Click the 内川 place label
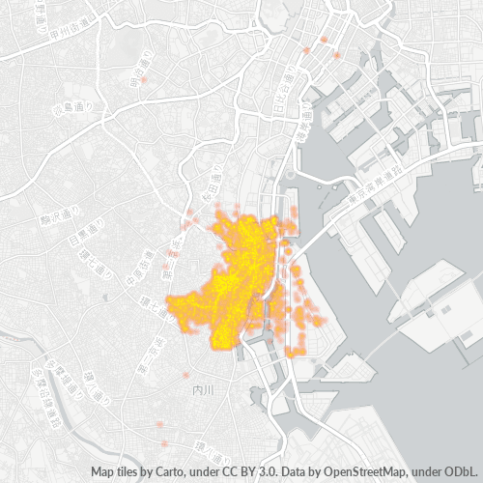point(202,390)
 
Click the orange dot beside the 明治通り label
point(143,81)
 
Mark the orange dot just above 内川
point(186,375)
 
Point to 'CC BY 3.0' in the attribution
point(247,472)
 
